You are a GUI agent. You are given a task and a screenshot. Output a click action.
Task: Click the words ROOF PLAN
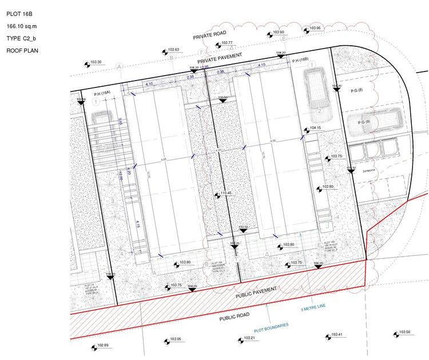22,51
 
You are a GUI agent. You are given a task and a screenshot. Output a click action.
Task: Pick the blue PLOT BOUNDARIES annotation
271,326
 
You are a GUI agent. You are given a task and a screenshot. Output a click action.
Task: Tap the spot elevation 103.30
96,62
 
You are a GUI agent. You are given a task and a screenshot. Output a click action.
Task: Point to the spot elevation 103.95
315,28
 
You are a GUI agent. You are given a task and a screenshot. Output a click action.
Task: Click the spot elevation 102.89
102,346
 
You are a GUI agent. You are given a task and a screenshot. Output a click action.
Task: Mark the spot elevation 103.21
249,338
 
